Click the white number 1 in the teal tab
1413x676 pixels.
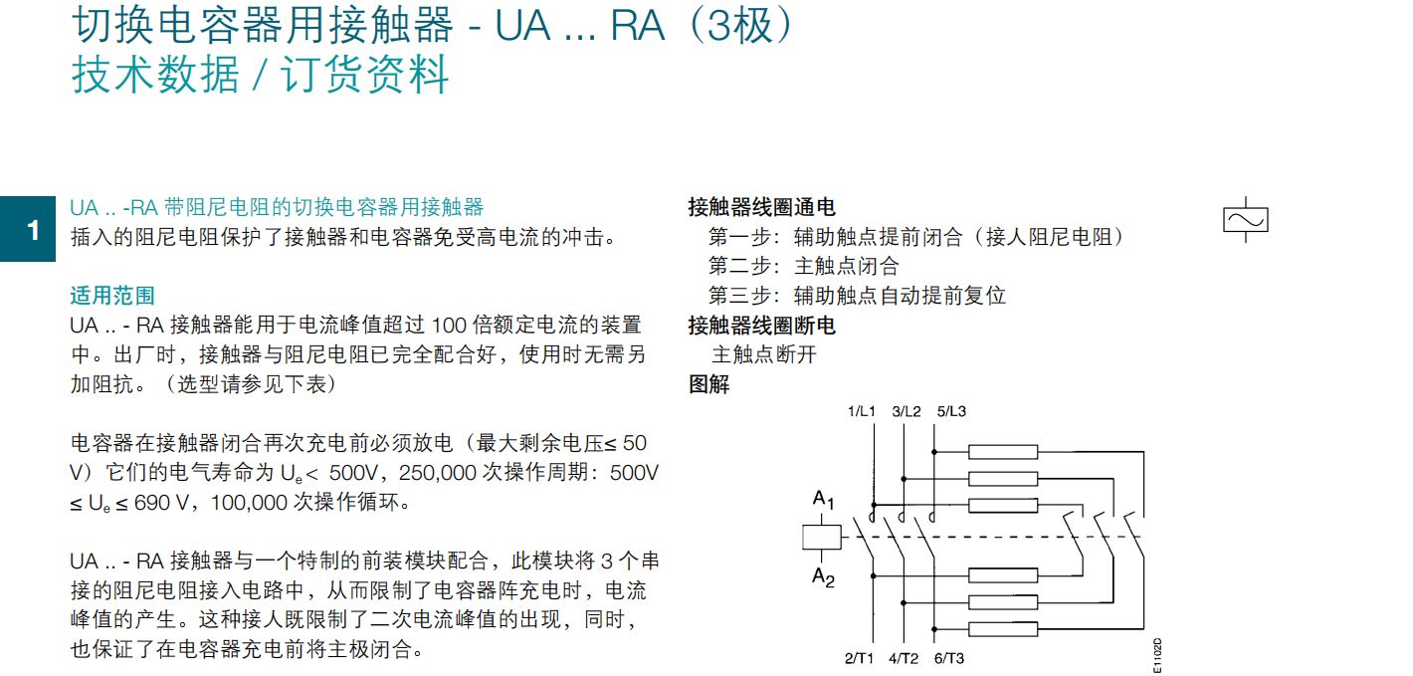point(34,230)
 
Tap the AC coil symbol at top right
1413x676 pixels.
point(1245,220)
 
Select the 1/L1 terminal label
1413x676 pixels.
point(862,411)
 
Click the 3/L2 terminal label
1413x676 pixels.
point(907,411)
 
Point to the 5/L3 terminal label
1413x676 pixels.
point(951,411)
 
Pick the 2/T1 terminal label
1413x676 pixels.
point(859,658)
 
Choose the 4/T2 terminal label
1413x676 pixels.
point(904,658)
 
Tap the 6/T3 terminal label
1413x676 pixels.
point(948,658)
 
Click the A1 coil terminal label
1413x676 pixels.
point(823,500)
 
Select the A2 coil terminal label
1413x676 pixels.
point(823,576)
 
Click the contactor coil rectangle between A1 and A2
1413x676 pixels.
point(821,538)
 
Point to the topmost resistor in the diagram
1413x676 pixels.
point(1003,451)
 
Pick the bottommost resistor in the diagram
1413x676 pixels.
point(1003,628)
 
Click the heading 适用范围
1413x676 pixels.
point(112,296)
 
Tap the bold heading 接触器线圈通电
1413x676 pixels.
point(761,207)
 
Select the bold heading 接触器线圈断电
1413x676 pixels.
point(761,326)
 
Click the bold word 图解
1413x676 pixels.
point(709,383)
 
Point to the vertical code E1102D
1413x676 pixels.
point(1157,656)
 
